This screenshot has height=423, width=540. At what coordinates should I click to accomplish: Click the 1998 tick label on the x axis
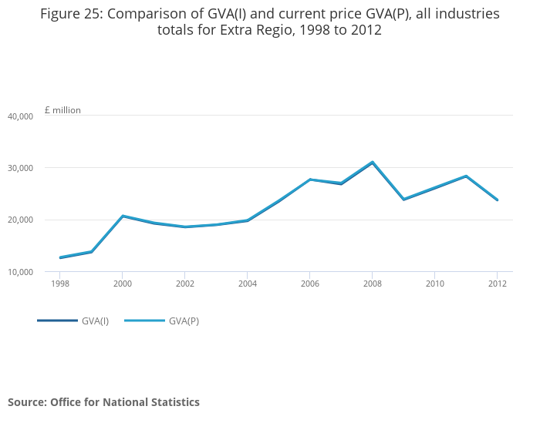tap(60, 284)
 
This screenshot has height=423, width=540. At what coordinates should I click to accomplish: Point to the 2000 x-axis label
tap(123, 284)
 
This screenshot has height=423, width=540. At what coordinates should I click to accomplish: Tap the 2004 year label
tap(248, 284)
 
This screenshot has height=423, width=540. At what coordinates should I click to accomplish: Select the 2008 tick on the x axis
tap(373, 284)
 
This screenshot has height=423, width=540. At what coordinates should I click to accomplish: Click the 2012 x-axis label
tap(498, 284)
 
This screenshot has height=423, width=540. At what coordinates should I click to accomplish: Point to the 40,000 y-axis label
tap(20, 116)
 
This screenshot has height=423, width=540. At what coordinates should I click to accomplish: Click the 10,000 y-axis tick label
tap(20, 272)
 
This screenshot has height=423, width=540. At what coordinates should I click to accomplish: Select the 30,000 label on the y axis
tap(20, 168)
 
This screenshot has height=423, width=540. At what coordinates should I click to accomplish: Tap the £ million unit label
tap(62, 110)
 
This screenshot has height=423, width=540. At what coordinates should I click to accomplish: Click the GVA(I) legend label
tap(95, 321)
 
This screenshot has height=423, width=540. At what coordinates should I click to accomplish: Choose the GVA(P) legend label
tap(184, 321)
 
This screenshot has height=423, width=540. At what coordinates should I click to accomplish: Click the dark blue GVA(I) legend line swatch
tap(57, 321)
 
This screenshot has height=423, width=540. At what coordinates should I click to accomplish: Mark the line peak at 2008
tap(373, 163)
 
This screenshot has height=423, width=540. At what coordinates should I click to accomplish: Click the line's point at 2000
tap(123, 217)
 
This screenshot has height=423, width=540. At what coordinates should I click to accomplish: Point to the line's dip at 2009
tap(403, 200)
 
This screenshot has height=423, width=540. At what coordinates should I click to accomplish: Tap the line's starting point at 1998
tap(60, 257)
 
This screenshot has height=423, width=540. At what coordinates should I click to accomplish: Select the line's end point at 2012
tap(498, 200)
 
